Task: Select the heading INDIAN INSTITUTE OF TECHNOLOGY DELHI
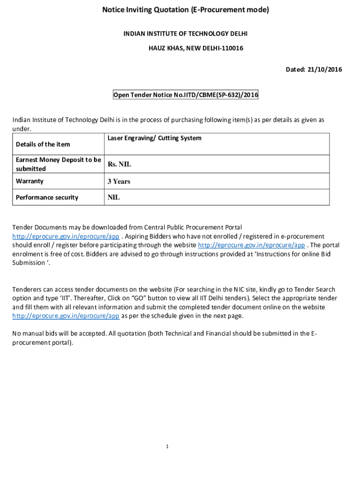(x=185, y=34)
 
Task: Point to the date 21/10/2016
(x=324, y=70)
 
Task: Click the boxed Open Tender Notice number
(x=185, y=95)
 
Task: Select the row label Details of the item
(x=43, y=144)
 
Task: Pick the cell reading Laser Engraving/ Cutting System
(x=155, y=138)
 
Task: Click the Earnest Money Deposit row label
(x=58, y=164)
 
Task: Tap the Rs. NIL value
(x=119, y=164)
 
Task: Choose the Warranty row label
(x=29, y=181)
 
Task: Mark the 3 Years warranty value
(x=119, y=181)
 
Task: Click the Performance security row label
(x=47, y=197)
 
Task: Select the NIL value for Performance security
(x=114, y=197)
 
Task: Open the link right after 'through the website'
(x=252, y=245)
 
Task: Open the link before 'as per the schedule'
(x=66, y=316)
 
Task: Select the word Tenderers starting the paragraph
(x=28, y=290)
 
